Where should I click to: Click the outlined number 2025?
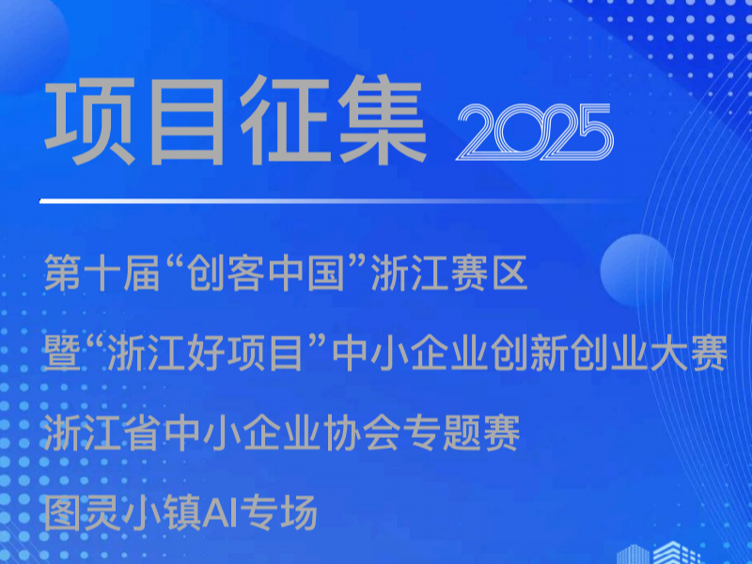pyautogui.click(x=535, y=132)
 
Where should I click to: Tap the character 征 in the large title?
pyautogui.click(x=286, y=120)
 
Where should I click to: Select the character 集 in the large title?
pyautogui.click(x=383, y=120)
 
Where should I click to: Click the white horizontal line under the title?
pyautogui.click(x=331, y=201)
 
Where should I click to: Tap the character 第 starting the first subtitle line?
pyautogui.click(x=63, y=273)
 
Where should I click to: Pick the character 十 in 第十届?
pyautogui.click(x=102, y=273)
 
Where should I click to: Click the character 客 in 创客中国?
pyautogui.click(x=245, y=273)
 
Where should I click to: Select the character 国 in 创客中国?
pyautogui.click(x=325, y=273)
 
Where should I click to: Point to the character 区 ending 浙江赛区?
pyautogui.click(x=509, y=273)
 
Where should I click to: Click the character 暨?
pyautogui.click(x=62, y=353)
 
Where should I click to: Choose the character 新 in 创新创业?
pyautogui.click(x=550, y=353)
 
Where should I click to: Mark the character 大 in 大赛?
pyautogui.click(x=669, y=353)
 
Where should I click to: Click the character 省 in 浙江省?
pyautogui.click(x=143, y=433)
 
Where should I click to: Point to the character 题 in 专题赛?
pyautogui.click(x=462, y=433)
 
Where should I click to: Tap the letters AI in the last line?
pyautogui.click(x=222, y=513)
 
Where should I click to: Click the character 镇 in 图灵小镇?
pyautogui.click(x=182, y=513)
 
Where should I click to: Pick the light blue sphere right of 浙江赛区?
pyautogui.click(x=636, y=271)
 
